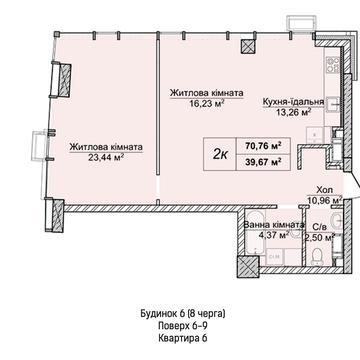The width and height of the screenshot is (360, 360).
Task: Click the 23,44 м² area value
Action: click(x=106, y=158)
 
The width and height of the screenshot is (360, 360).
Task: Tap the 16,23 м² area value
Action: click(x=206, y=103)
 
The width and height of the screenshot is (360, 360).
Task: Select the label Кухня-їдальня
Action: click(x=293, y=102)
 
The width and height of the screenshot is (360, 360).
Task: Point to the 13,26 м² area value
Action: click(x=293, y=112)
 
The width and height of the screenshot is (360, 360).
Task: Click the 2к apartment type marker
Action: click(x=220, y=155)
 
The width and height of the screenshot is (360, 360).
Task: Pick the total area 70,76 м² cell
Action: click(x=263, y=146)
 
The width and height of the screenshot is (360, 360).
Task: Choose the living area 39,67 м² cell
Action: click(x=263, y=162)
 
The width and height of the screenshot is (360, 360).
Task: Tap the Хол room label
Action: click(x=324, y=190)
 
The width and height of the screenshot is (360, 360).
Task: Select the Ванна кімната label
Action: click(x=274, y=225)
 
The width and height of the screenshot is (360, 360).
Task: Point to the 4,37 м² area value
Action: click(x=274, y=235)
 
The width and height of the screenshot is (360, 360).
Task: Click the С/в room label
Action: click(x=321, y=227)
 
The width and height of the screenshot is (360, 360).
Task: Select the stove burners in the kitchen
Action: click(x=333, y=65)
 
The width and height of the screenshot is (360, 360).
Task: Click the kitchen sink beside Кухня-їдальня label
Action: click(x=332, y=104)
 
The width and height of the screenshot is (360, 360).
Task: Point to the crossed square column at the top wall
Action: click(x=248, y=46)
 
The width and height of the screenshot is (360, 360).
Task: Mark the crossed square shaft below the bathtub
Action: click(x=248, y=267)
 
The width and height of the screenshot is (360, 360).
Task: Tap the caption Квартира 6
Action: click(x=183, y=338)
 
